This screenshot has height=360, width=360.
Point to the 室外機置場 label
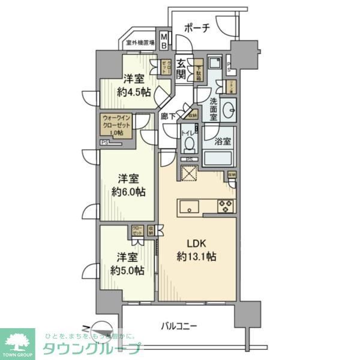[x=140, y=43]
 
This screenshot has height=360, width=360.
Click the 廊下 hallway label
[x=168, y=116]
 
